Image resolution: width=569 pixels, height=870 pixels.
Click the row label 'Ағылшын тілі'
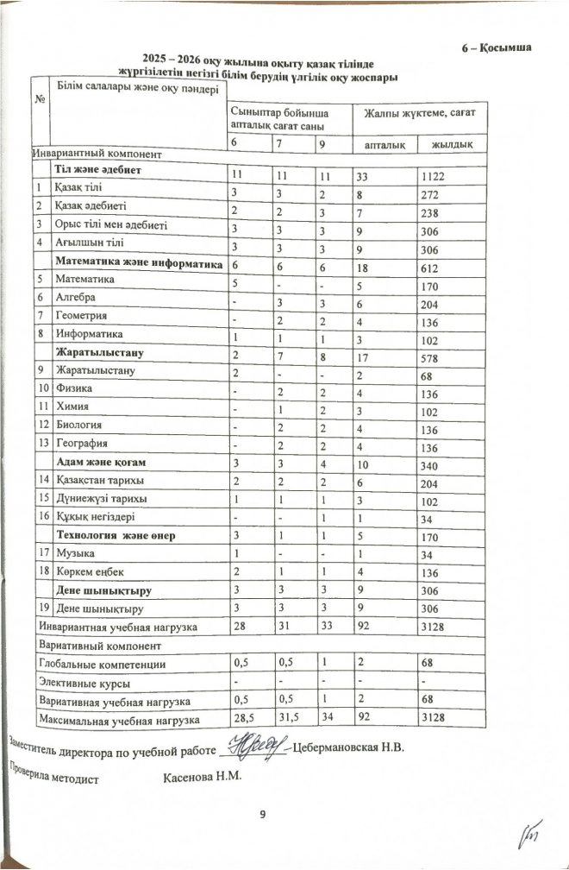click(x=86, y=244)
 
